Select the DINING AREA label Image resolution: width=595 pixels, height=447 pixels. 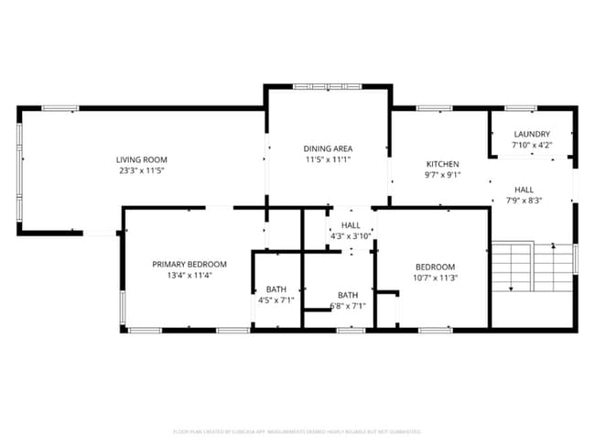point(328,148)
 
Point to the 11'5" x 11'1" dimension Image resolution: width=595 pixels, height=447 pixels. point(328,159)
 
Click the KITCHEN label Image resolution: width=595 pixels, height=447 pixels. point(442,164)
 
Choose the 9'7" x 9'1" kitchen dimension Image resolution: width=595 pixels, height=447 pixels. point(442,175)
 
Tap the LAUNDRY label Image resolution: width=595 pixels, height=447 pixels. point(532,134)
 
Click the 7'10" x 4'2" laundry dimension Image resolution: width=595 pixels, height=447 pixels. point(532,145)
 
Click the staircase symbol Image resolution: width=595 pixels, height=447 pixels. point(531,267)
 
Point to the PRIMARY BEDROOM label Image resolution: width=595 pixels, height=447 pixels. point(189,264)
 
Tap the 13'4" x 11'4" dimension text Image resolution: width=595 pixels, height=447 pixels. point(189,275)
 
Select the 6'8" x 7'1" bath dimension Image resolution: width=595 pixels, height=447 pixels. point(347,306)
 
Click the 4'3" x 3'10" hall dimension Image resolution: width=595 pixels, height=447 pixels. point(351,236)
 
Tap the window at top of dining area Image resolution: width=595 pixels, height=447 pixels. point(327,86)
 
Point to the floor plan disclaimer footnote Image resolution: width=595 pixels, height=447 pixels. point(297,431)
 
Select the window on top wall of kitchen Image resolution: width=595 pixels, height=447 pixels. point(434,109)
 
